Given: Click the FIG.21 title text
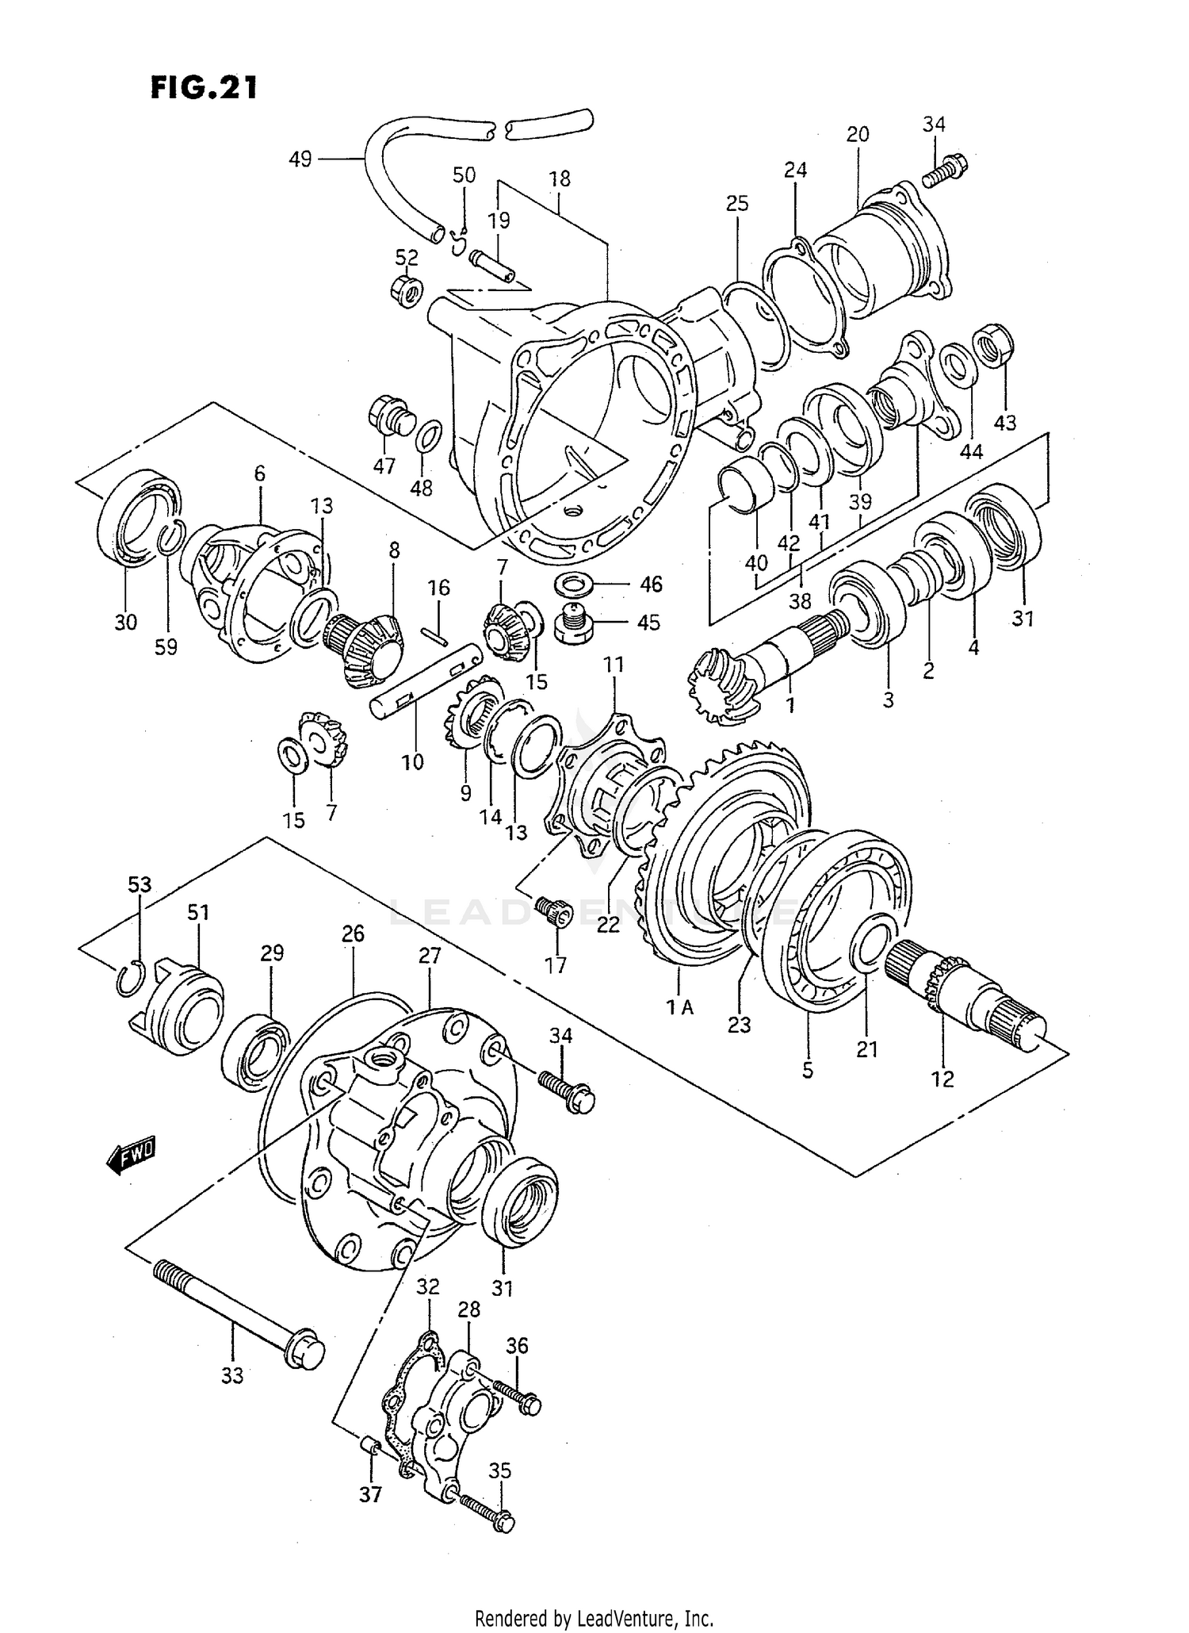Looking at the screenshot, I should pyautogui.click(x=204, y=87).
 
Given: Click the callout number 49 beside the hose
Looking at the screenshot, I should pyautogui.click(x=300, y=159).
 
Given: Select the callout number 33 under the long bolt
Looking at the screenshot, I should pyautogui.click(x=232, y=1376).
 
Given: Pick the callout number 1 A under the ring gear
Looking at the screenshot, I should pyautogui.click(x=679, y=1007).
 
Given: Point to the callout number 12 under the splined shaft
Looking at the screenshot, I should pyautogui.click(x=942, y=1079).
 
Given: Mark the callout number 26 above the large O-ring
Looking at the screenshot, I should pyautogui.click(x=353, y=933).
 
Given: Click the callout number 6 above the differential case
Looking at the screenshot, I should pyautogui.click(x=259, y=473).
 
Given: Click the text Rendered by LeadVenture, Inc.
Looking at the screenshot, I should pyautogui.click(x=594, y=1618).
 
